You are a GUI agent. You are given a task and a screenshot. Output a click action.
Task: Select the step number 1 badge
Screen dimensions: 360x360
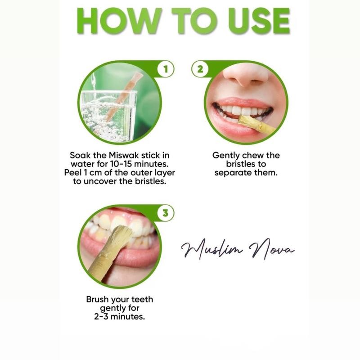[x=166, y=70]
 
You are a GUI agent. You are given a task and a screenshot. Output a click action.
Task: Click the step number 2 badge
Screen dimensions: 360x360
[x=198, y=70]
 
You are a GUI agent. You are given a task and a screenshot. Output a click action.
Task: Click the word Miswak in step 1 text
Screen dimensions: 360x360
[x=119, y=156]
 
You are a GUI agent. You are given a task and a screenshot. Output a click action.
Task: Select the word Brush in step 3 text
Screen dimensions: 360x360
[x=98, y=299]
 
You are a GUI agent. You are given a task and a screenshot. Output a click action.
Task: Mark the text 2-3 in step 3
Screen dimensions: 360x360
[x=102, y=317]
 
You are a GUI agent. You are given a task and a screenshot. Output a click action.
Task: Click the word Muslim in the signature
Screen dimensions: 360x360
[x=211, y=249]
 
